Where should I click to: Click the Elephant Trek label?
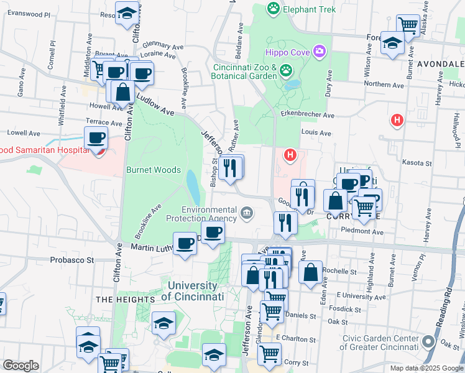[300, 9]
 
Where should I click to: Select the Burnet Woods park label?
[153, 170]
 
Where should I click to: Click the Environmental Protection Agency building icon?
[247, 214]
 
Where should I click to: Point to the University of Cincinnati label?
[192, 292]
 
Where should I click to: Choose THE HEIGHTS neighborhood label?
[125, 300]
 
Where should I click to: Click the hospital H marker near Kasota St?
[288, 154]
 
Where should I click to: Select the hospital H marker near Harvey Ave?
[396, 119]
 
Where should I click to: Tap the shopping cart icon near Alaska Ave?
[408, 25]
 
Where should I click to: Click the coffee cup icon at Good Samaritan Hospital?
[96, 137]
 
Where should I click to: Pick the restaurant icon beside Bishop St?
[230, 167]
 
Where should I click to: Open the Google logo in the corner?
[21, 366]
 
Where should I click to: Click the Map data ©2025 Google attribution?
[426, 367]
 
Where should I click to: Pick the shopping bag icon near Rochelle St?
[310, 272]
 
